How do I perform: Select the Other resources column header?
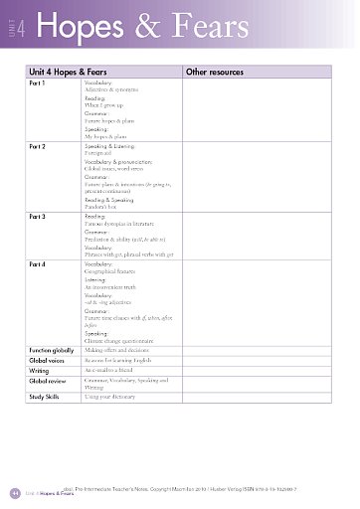pos(216,73)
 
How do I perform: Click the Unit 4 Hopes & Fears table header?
pos(69,73)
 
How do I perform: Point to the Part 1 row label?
pos(38,84)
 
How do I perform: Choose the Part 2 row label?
pos(38,146)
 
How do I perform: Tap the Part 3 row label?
pos(38,216)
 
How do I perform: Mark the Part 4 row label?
pos(38,263)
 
